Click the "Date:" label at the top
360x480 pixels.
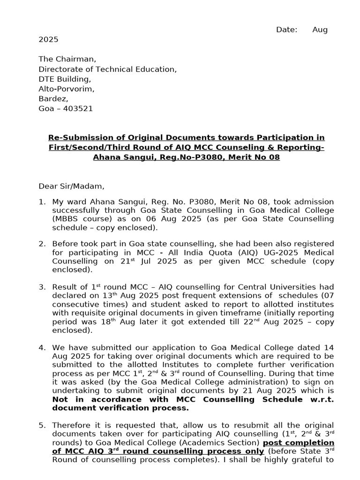(x=286, y=30)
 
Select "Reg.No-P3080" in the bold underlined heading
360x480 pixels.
(x=179, y=157)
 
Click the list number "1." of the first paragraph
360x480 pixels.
(x=42, y=202)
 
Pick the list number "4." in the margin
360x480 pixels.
(x=42, y=347)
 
